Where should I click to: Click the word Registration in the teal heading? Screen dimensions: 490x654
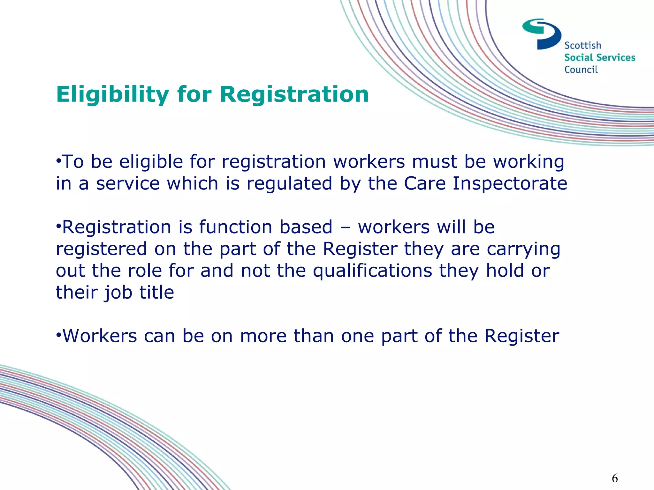294,94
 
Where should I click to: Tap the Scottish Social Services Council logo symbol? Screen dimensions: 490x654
542,34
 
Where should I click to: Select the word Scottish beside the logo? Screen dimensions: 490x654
582,46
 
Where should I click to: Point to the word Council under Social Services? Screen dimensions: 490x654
581,70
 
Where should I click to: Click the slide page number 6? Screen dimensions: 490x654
615,478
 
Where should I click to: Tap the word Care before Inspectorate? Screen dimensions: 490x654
425,183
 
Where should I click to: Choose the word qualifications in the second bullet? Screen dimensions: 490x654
372,271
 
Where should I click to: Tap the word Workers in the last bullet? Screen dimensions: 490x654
100,336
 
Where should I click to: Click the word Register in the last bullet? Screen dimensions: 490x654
521,336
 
